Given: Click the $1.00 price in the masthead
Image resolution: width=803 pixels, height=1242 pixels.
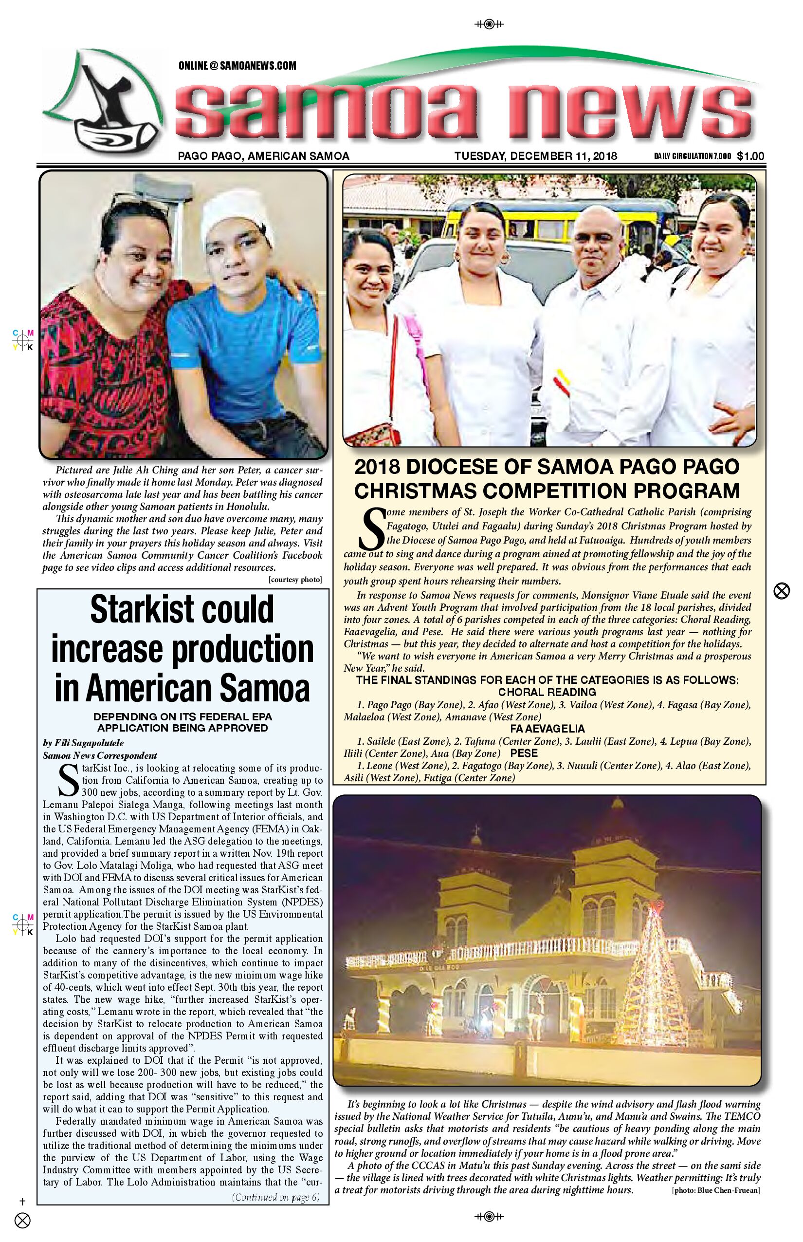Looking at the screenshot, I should (x=750, y=156).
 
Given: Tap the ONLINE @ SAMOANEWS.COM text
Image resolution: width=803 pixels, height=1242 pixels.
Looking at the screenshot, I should (x=237, y=66).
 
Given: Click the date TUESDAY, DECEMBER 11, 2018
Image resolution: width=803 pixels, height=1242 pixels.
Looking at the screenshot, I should (x=535, y=156).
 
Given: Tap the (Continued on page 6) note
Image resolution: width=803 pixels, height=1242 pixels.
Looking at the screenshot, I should (x=275, y=1197).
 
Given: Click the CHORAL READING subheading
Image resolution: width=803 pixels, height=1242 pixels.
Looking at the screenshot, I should (x=547, y=693).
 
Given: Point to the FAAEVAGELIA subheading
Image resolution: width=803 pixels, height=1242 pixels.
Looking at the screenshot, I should (x=547, y=729).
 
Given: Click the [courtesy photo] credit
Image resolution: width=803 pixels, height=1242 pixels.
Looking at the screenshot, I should (x=295, y=580).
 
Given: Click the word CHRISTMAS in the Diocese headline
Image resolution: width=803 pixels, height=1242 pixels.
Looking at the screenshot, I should (x=424, y=491).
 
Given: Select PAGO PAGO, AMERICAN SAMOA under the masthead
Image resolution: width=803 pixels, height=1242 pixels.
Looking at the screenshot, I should (x=263, y=156).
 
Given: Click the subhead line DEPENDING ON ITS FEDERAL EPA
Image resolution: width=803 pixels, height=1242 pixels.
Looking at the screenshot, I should (x=182, y=716).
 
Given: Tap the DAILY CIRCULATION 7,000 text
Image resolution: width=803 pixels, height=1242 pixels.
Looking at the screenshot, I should (x=693, y=156).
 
